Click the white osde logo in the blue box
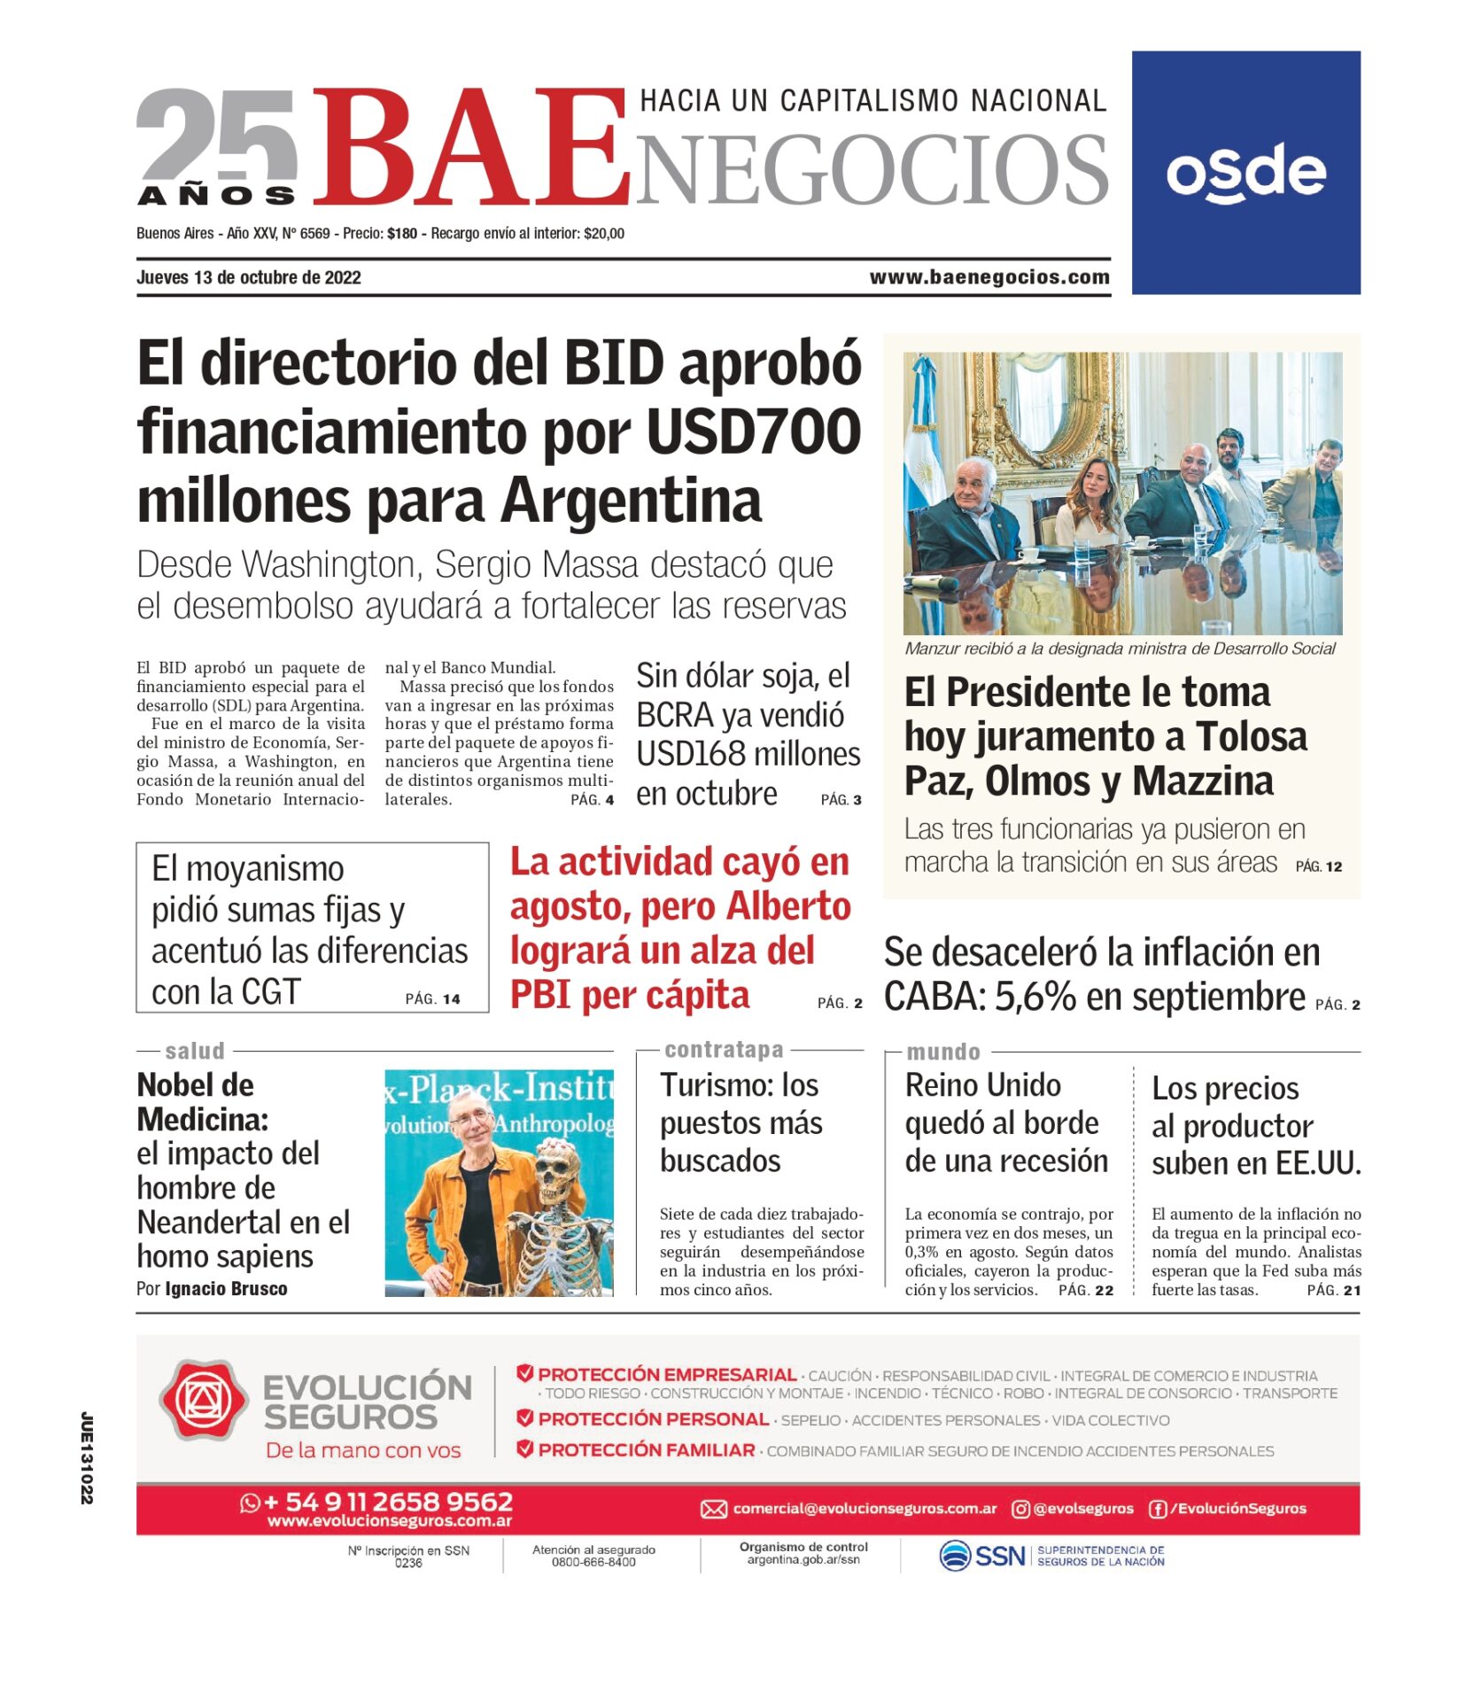[1245, 172]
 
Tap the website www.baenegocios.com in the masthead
[989, 277]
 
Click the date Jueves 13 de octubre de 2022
[249, 277]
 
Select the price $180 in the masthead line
[402, 234]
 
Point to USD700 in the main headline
[753, 432]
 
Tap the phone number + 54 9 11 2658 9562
[388, 1502]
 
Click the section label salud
[195, 1051]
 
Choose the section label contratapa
[724, 1050]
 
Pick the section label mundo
[942, 1052]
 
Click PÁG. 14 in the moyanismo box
[432, 998]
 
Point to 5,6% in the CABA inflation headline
[1035, 997]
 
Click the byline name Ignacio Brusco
[226, 1288]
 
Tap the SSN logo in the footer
[981, 1556]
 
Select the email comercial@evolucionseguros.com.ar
[865, 1508]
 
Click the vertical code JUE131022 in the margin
[87, 1457]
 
